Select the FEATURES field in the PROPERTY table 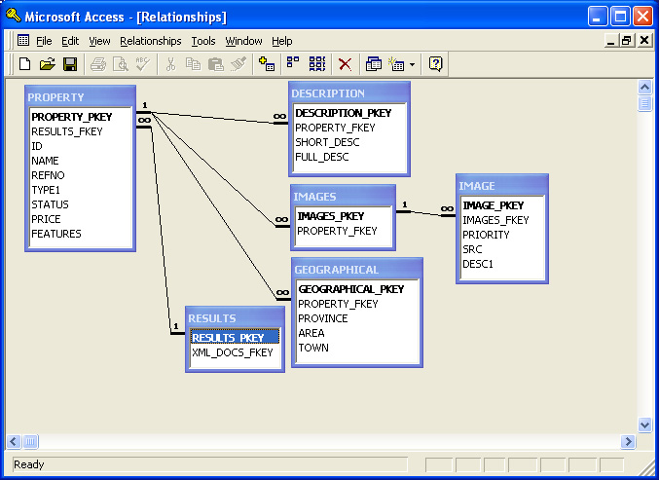56,234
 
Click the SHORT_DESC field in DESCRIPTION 327,142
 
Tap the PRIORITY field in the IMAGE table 486,235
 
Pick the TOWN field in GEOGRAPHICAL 313,348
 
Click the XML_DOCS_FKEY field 233,352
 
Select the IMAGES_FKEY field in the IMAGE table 495,220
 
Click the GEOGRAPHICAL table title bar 357,270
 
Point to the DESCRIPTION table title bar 349,93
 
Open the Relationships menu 151,41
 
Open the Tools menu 203,41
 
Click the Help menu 281,41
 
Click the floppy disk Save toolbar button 70,64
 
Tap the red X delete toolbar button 345,64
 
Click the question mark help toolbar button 435,64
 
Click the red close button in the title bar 642,17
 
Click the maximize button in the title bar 620,17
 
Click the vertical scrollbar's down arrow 644,425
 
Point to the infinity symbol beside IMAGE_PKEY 447,208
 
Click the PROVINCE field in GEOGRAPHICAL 323,318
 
